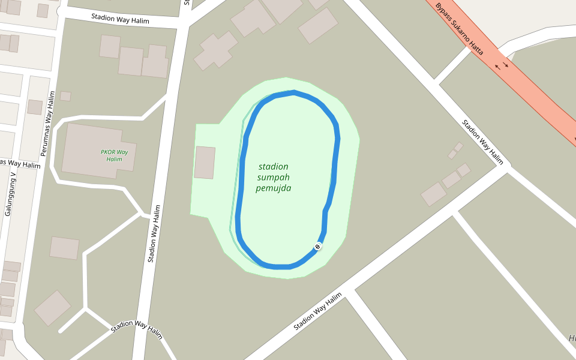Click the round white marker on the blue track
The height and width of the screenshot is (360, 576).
click(317, 246)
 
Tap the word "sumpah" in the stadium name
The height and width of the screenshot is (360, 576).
click(274, 178)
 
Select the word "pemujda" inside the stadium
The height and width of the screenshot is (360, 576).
click(274, 188)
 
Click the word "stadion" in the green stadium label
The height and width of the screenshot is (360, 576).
click(274, 166)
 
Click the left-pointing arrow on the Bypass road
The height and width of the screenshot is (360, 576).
click(497, 68)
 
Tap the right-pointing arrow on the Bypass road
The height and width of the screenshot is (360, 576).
click(506, 64)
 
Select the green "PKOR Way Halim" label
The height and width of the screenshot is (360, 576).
click(114, 155)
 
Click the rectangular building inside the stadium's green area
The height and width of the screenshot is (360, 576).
click(205, 162)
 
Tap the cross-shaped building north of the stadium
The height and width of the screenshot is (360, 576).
click(215, 50)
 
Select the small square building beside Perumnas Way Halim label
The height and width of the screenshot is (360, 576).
click(65, 96)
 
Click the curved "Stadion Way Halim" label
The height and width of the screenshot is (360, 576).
click(137, 329)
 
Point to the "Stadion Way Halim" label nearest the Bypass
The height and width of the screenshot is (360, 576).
click(482, 142)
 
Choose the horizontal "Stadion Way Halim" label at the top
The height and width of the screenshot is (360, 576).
click(120, 19)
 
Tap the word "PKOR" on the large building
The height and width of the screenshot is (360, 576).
click(107, 152)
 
